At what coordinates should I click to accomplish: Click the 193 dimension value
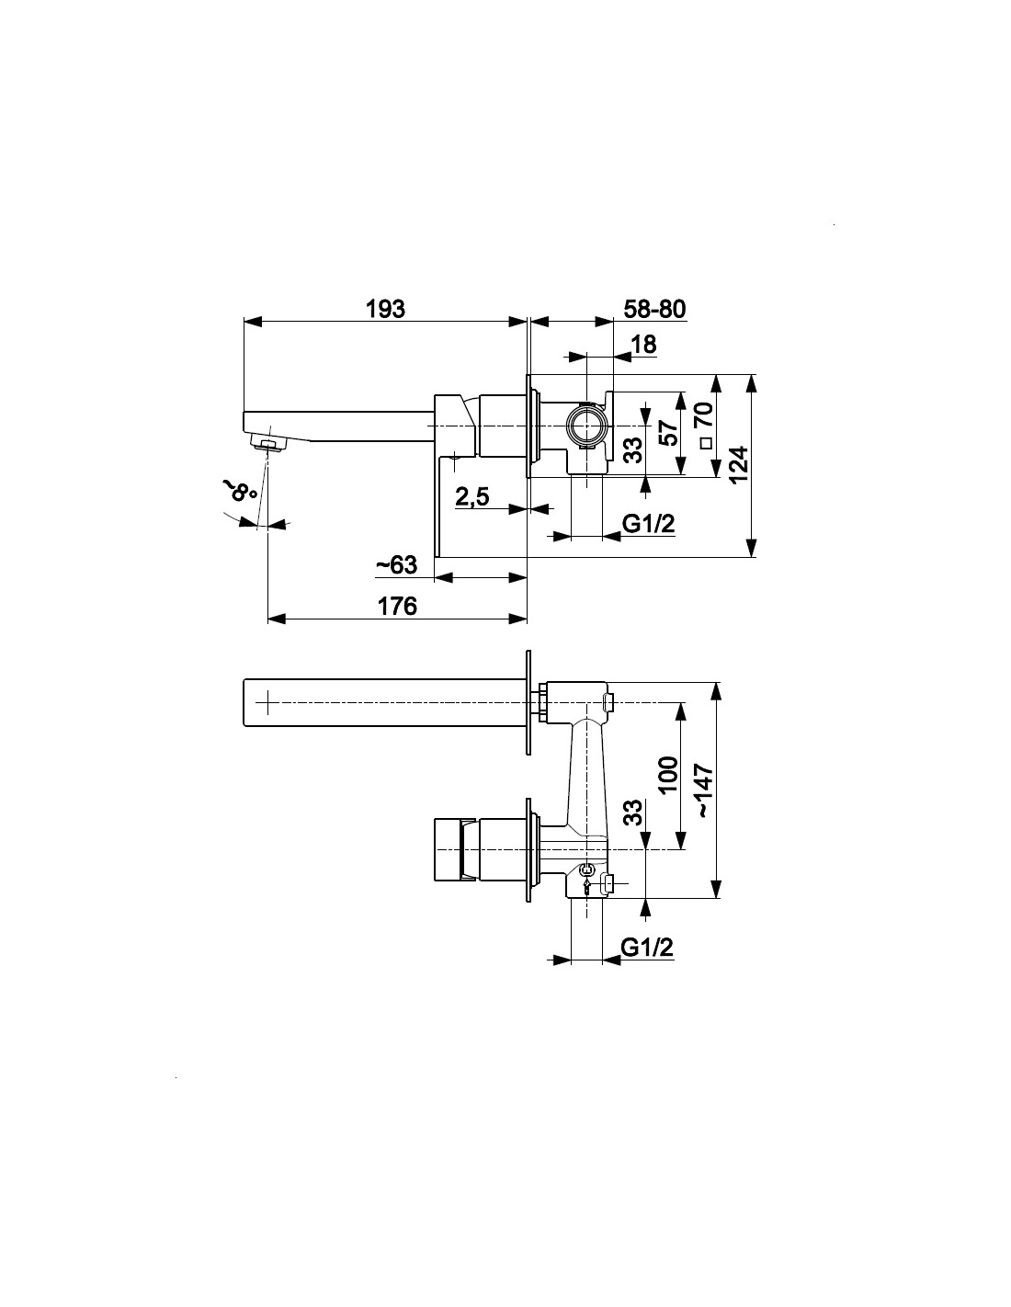click(x=385, y=309)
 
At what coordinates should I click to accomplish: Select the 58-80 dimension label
click(x=654, y=309)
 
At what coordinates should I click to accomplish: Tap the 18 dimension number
click(x=644, y=345)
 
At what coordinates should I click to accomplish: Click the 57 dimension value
click(x=669, y=433)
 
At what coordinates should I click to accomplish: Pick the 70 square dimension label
click(x=705, y=415)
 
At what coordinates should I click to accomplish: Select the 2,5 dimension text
click(x=472, y=497)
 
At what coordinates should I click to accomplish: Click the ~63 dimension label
click(x=396, y=564)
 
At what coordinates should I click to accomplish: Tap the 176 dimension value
click(x=397, y=607)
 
